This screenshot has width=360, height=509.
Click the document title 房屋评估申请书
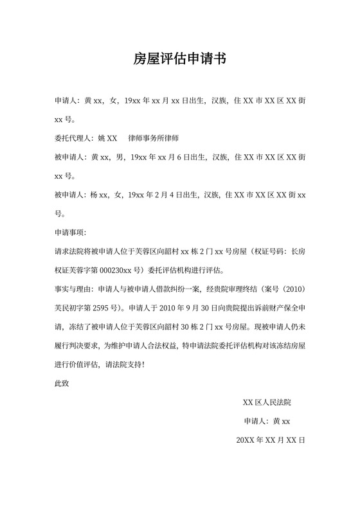point(179,60)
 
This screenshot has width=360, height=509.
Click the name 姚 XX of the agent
point(107,138)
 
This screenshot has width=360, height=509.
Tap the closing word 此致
point(62,384)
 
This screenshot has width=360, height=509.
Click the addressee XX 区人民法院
point(267,403)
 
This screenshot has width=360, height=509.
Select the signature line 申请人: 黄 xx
point(267,422)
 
